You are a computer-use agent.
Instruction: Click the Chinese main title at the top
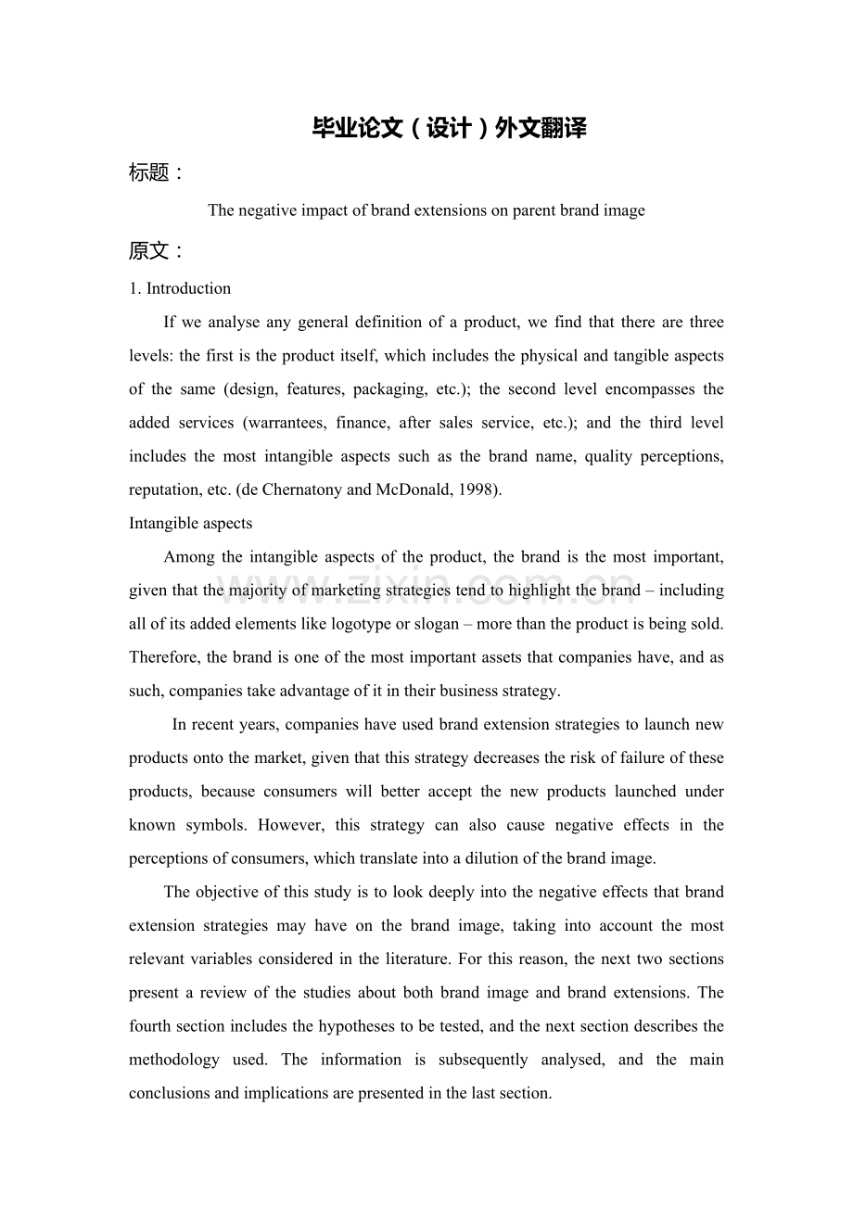coord(449,129)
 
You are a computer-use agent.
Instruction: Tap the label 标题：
coord(156,172)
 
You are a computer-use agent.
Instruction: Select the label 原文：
coord(156,250)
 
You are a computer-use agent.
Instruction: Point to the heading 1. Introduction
coord(180,288)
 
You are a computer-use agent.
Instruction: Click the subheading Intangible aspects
coord(190,523)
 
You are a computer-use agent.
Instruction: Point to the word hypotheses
coord(339,1026)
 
